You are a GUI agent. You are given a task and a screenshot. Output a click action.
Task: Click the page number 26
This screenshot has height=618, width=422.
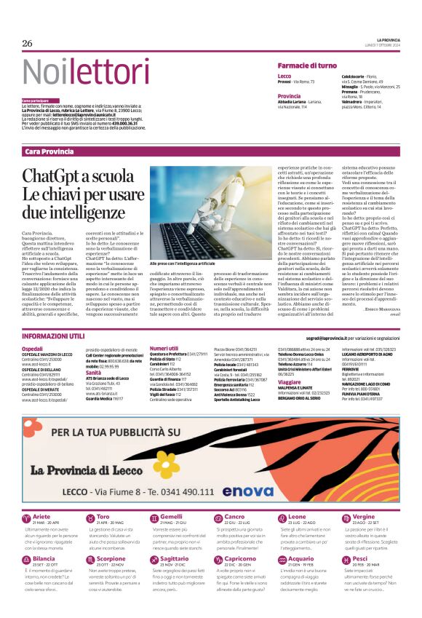point(28,43)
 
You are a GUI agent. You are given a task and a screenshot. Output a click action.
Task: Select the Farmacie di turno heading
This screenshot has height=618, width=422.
point(306,66)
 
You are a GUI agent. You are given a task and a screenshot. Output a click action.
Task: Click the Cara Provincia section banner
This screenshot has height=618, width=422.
point(49,152)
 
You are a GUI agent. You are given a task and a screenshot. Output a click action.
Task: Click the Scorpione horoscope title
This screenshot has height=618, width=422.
point(111,538)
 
